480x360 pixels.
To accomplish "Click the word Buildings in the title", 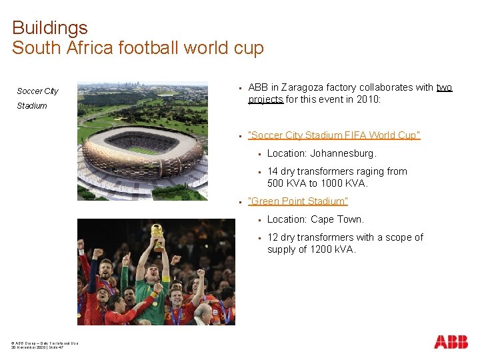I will coord(50,28).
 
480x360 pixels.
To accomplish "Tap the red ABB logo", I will coord(451,342).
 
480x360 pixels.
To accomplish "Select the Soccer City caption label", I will coord(37,91).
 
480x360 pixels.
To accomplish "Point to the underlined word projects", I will coord(265,99).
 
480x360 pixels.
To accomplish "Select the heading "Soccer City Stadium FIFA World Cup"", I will coord(334,135).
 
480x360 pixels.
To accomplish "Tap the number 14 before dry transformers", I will coord(273,171).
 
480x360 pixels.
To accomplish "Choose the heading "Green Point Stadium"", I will coord(298,201).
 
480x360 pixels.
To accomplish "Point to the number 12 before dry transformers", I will coord(273,237).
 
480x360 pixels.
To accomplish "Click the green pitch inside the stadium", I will coord(143,150).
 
